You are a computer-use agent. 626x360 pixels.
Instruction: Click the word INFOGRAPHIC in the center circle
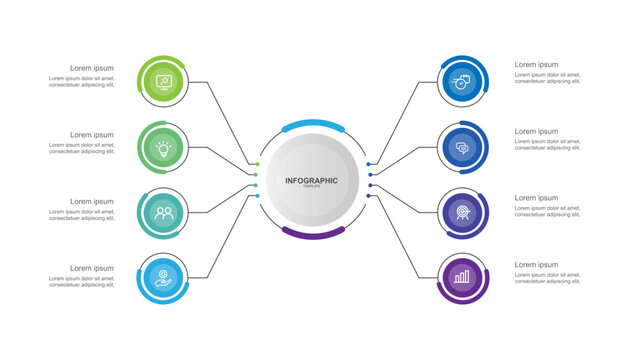tap(311, 180)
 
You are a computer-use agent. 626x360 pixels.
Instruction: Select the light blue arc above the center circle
tap(313, 126)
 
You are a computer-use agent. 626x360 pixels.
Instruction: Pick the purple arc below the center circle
tap(313, 232)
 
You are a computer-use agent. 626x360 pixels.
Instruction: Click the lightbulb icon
tap(163, 148)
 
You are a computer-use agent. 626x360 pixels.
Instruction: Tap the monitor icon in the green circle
tap(163, 82)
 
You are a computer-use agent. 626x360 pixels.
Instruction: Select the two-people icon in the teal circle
tap(163, 213)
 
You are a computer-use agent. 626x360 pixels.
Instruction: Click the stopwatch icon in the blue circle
tap(462, 82)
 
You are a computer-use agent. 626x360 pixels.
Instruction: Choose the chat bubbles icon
tap(462, 148)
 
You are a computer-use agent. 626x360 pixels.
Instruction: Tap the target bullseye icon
tap(462, 213)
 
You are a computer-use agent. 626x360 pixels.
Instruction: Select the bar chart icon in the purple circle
tap(462, 277)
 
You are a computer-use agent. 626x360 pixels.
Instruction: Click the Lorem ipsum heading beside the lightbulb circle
tap(92, 135)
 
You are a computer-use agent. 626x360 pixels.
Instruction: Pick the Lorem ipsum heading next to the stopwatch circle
tap(537, 65)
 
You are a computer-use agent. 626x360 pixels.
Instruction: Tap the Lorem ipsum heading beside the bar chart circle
tap(537, 264)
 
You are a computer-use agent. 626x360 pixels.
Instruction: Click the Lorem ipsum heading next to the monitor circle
tap(92, 68)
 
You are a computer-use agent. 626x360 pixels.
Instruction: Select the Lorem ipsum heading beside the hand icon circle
tap(92, 268)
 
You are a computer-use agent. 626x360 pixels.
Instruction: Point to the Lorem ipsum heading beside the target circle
tap(537, 198)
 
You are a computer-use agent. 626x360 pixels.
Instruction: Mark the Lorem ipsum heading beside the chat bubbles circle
tap(537, 131)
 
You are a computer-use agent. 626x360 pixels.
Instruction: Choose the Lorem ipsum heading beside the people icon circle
tap(92, 201)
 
